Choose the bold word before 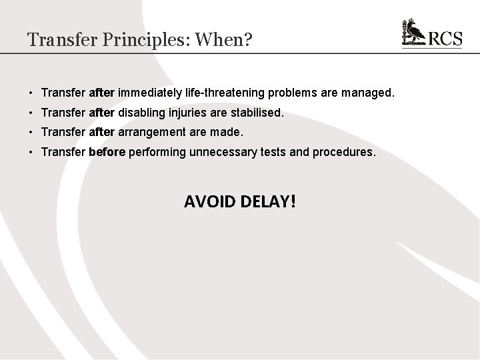pos(107,152)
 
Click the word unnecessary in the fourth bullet pos(220,152)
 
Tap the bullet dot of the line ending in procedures pos(31,152)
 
